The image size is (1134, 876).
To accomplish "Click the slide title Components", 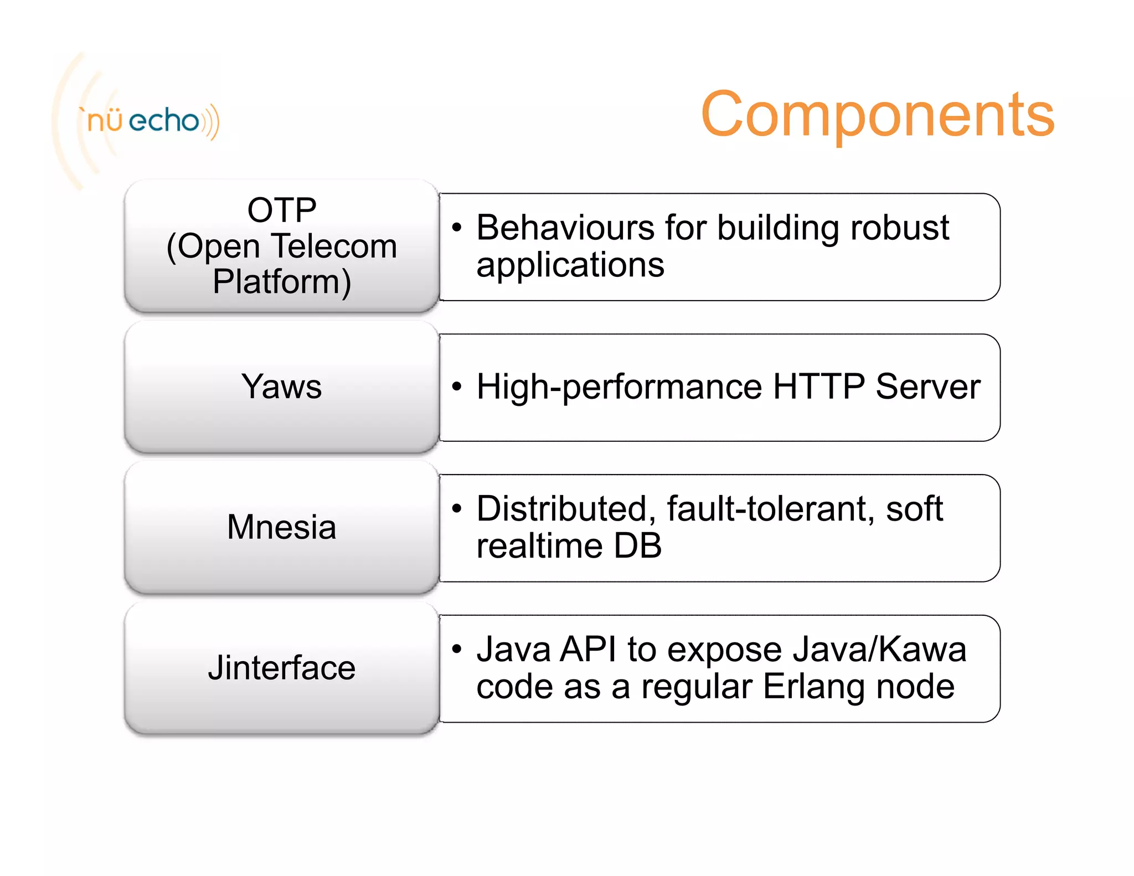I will point(877,115).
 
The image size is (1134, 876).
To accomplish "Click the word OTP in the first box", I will point(282,210).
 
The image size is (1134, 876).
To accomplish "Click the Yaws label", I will point(281,387).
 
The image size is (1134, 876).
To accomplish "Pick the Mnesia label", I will point(281,527).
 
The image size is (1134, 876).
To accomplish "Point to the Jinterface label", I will point(281,668).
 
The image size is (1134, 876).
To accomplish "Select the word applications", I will point(570,265).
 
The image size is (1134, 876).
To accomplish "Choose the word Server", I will point(927,387).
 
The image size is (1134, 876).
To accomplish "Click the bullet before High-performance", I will point(456,386).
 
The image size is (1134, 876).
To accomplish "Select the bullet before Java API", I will point(456,648).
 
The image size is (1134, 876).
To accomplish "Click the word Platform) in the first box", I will point(282,282).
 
